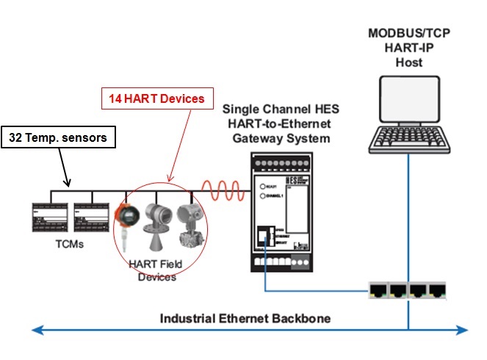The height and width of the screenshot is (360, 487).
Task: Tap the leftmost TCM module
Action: (x=49, y=217)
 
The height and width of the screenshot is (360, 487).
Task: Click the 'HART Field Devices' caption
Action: (x=156, y=271)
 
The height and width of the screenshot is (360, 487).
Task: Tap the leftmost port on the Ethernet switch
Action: (x=379, y=289)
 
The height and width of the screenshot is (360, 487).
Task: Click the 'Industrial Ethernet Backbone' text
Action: (x=245, y=318)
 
